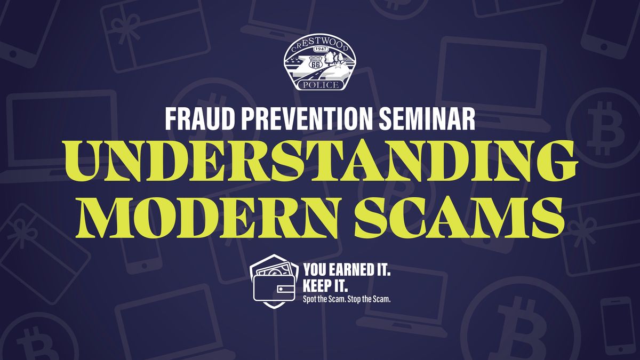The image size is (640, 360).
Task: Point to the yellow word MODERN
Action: [207, 218]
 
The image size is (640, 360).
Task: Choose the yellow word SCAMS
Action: [460, 218]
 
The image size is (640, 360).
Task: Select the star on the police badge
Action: [339, 65]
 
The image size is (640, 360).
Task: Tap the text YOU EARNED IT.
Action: [347, 270]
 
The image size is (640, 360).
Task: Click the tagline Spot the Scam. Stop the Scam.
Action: [347, 299]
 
